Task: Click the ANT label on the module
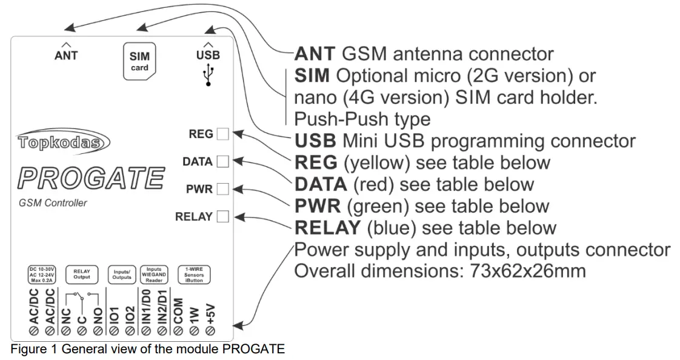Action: click(x=66, y=55)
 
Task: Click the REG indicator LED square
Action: click(x=223, y=134)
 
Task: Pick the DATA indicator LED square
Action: click(x=223, y=162)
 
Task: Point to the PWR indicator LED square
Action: click(x=223, y=189)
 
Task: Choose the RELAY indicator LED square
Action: click(x=223, y=216)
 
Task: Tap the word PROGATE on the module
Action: click(x=91, y=178)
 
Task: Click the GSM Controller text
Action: click(x=53, y=203)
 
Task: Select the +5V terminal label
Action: click(x=210, y=315)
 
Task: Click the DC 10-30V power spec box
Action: click(x=42, y=273)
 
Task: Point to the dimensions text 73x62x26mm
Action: click(x=528, y=271)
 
